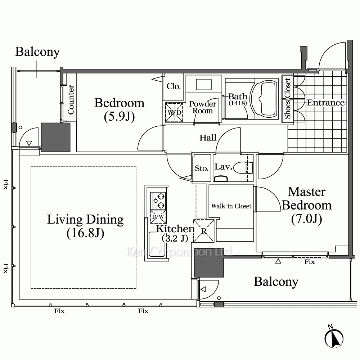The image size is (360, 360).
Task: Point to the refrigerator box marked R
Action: click(x=203, y=231)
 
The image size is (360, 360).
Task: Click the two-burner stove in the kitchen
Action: click(x=158, y=201)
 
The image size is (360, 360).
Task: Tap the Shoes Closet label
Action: click(x=287, y=98)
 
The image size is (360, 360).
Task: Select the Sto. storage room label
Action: click(x=202, y=168)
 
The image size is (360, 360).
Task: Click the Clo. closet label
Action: click(x=174, y=86)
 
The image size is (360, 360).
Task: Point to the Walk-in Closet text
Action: click(x=231, y=206)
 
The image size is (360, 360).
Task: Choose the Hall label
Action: click(x=208, y=138)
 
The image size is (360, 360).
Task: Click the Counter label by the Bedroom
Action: click(x=71, y=100)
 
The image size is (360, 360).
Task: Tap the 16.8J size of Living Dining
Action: click(x=85, y=233)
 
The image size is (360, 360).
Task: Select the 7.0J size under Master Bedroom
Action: click(x=306, y=219)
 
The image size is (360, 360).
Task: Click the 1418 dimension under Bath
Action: click(x=238, y=103)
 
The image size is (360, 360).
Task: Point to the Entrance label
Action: click(x=325, y=103)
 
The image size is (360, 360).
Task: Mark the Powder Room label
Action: click(x=203, y=107)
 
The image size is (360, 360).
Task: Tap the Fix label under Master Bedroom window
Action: click(x=310, y=262)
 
